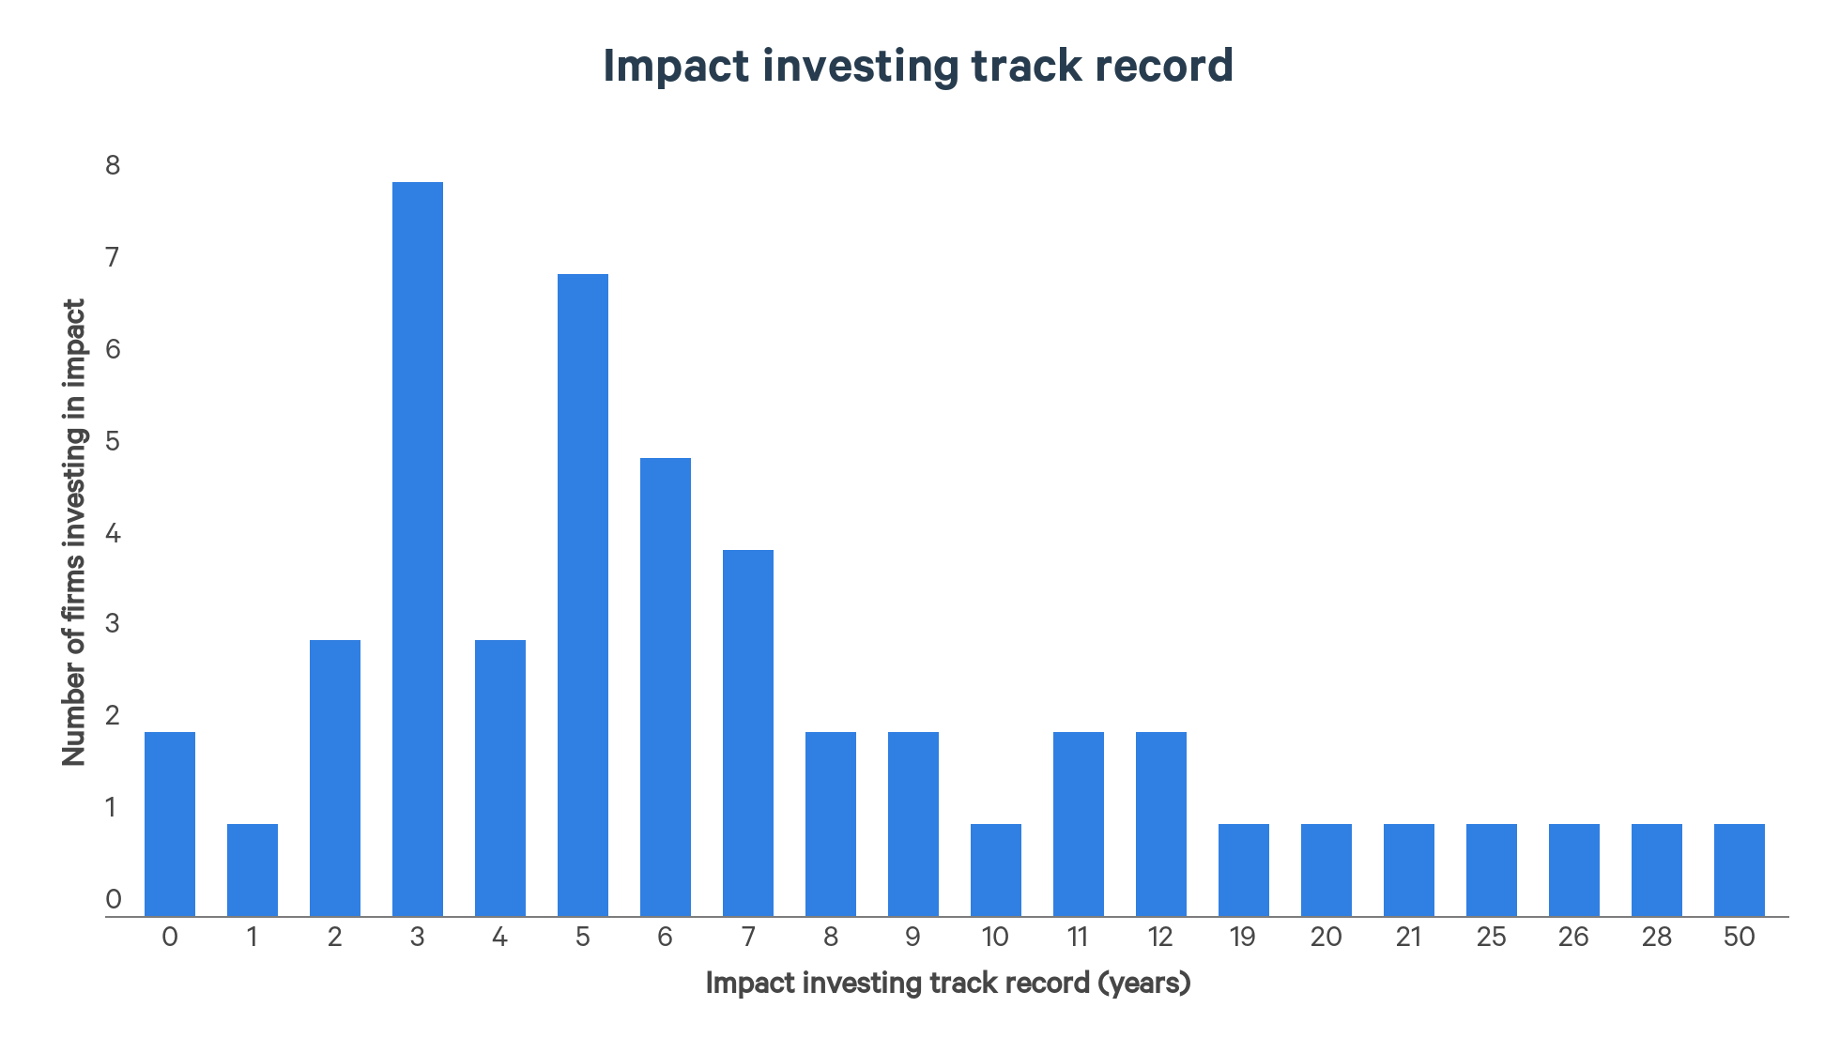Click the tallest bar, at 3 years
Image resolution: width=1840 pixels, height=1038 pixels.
click(x=418, y=549)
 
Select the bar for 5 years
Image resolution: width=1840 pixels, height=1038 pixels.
click(x=583, y=595)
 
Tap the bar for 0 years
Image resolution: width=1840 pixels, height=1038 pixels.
click(x=170, y=824)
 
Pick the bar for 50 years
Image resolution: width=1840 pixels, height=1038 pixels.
click(x=1740, y=870)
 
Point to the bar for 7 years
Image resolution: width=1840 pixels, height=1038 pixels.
click(x=748, y=733)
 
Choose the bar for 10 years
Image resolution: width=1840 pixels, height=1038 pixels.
click(x=996, y=870)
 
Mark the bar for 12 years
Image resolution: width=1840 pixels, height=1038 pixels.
click(x=1161, y=824)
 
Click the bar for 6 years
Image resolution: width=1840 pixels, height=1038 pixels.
click(x=666, y=687)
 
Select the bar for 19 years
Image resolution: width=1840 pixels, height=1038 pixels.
click(x=1244, y=870)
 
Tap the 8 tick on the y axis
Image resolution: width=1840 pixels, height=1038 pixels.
click(x=113, y=166)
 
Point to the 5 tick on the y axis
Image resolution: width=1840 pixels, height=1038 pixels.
click(x=113, y=441)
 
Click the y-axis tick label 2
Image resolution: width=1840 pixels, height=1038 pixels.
click(x=113, y=716)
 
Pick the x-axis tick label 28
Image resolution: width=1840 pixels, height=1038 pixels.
click(x=1657, y=938)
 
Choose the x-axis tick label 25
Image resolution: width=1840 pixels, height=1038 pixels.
click(x=1492, y=938)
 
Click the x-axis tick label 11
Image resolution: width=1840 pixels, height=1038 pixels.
click(x=1078, y=938)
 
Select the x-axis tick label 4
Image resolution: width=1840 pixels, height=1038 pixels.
click(x=499, y=938)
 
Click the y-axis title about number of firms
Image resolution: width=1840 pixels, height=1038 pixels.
click(x=74, y=532)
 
